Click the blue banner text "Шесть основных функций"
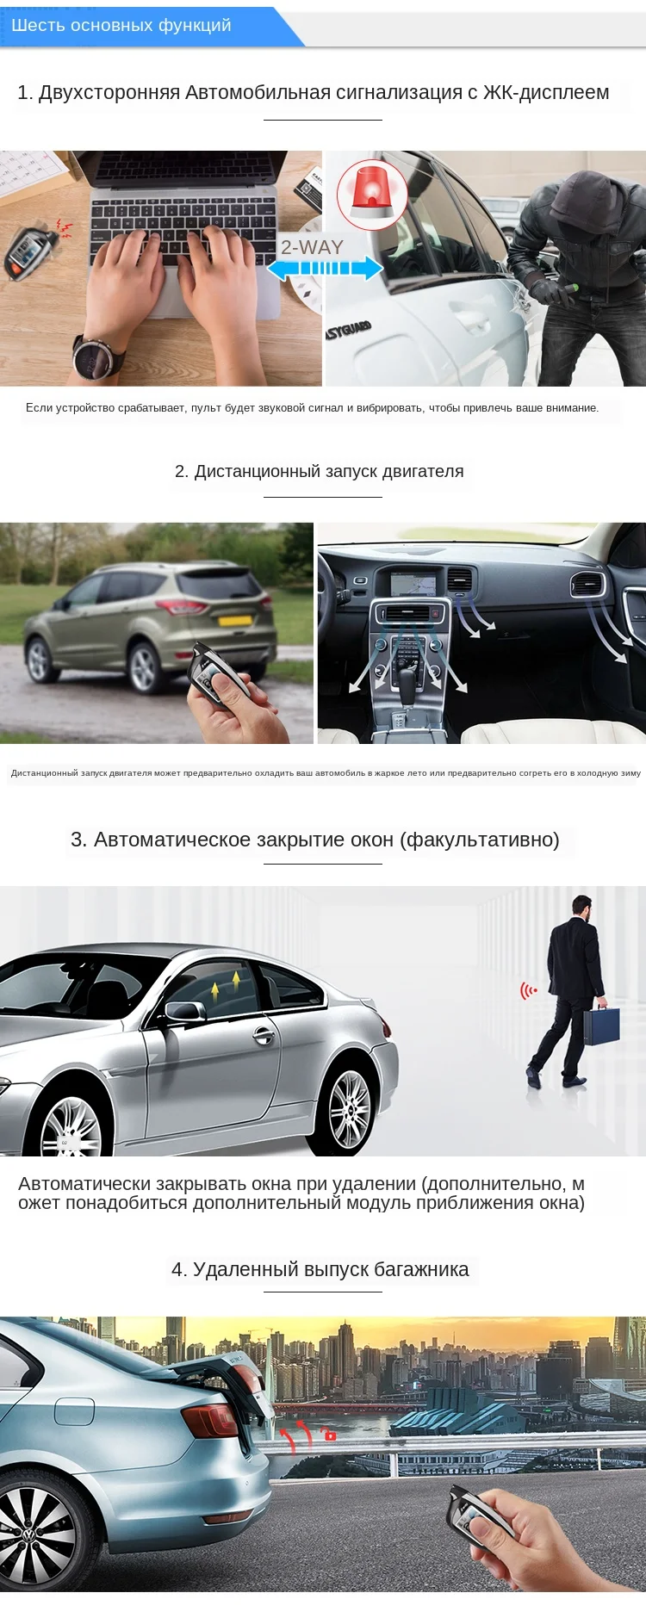(x=121, y=26)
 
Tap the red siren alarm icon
(x=371, y=195)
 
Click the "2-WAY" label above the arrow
(x=312, y=247)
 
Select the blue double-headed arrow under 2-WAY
(x=325, y=269)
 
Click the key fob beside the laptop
(x=26, y=250)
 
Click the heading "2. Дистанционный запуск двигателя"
(x=319, y=472)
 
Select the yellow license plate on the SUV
(x=235, y=620)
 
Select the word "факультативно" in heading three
(x=479, y=840)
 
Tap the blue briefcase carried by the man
(x=601, y=1026)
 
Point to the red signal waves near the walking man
(x=528, y=991)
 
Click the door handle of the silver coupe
(x=264, y=1036)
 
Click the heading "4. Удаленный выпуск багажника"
(x=320, y=1269)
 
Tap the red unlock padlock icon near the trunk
(x=329, y=1435)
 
